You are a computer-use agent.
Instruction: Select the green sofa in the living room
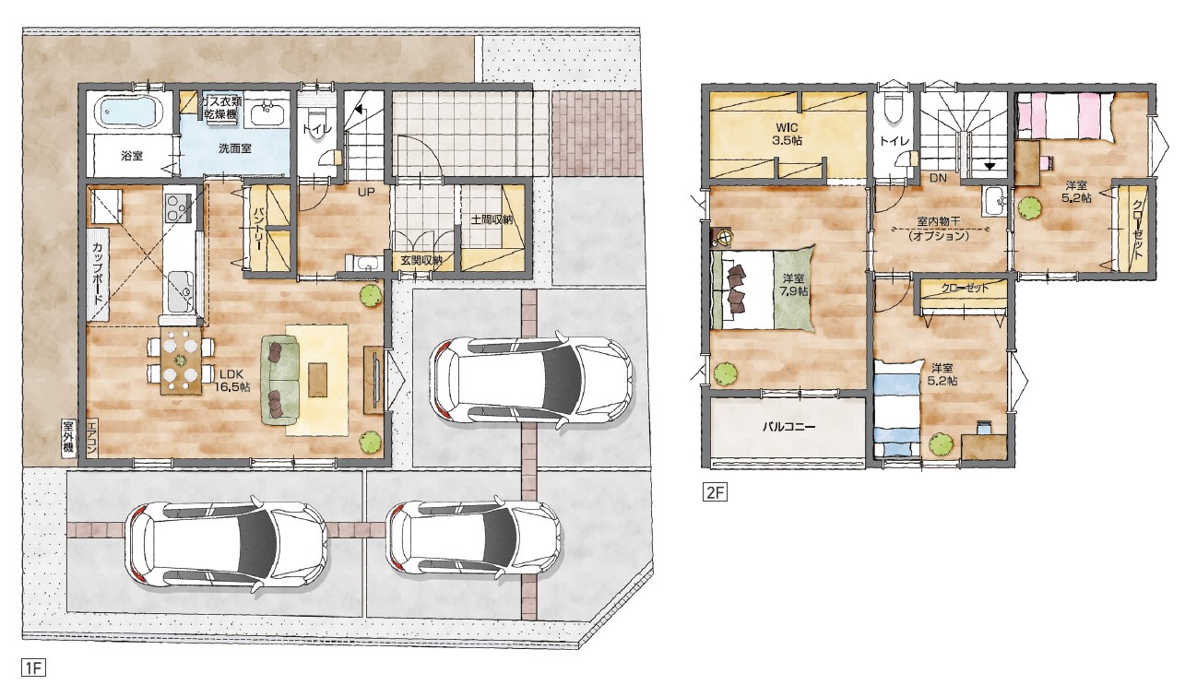click(279, 383)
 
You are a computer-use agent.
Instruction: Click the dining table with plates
click(182, 360)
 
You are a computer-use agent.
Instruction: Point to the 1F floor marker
click(33, 667)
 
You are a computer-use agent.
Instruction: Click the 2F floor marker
click(715, 492)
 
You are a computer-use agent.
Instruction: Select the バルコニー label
click(788, 427)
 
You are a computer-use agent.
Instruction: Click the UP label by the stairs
click(365, 193)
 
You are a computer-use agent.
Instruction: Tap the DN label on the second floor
click(938, 178)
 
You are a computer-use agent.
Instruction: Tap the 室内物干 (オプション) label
click(939, 230)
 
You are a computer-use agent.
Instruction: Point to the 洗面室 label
click(235, 148)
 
